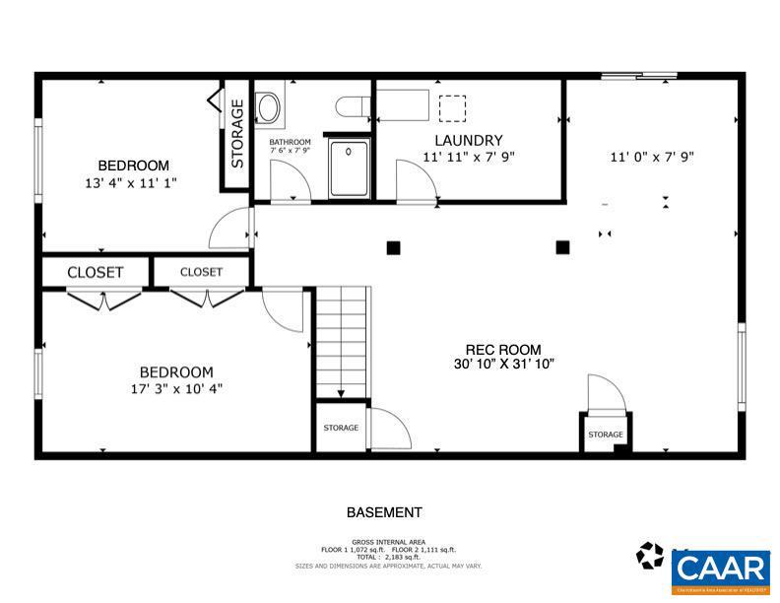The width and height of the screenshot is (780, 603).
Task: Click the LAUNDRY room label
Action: click(x=469, y=140)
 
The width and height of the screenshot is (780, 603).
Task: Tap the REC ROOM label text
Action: click(x=503, y=350)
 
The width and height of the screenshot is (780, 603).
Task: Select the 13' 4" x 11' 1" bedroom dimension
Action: click(x=131, y=182)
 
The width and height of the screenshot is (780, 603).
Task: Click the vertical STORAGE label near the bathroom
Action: click(x=237, y=134)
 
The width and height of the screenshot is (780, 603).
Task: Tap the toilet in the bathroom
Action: click(x=351, y=105)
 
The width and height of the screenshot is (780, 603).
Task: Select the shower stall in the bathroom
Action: click(x=349, y=168)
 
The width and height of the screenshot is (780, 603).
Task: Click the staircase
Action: click(x=342, y=340)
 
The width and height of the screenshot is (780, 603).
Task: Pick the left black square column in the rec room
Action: click(x=392, y=248)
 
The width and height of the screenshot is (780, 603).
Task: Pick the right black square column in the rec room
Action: click(x=562, y=247)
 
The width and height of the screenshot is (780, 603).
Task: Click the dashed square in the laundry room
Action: click(x=452, y=106)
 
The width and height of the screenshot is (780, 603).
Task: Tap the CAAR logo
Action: click(x=720, y=569)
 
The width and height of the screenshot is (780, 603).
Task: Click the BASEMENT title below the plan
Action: click(x=384, y=512)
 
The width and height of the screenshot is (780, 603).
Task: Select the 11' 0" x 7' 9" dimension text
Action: click(x=652, y=156)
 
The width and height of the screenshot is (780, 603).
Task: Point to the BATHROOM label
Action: click(x=290, y=142)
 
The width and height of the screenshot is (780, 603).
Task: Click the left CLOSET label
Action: click(x=95, y=272)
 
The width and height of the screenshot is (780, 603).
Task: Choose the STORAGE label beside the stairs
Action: click(x=341, y=428)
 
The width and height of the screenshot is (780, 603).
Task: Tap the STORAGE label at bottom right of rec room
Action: click(x=605, y=435)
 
